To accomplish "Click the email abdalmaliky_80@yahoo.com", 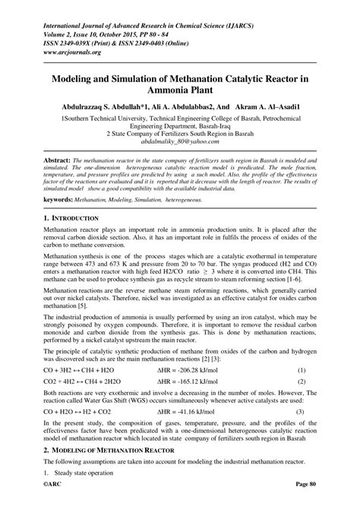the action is [179, 141].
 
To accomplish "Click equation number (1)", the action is [302, 368].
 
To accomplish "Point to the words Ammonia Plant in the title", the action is [179, 90].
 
